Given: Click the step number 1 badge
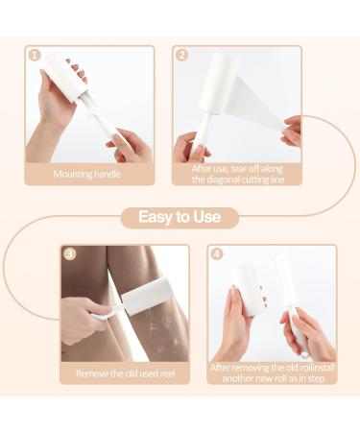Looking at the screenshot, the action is click(35, 56).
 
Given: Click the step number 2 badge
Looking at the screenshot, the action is click(181, 56).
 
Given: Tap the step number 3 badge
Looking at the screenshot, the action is click(70, 254).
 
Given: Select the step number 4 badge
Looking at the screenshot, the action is click(217, 254).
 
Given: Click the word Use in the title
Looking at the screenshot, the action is click(206, 217).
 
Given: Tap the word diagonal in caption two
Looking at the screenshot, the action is click(222, 180).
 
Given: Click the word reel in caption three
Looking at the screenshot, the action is click(168, 373).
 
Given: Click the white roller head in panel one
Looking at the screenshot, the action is click(65, 79).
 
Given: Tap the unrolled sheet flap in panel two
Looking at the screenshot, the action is click(257, 103).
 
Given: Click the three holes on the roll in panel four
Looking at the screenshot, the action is click(263, 293).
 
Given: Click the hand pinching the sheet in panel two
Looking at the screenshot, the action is click(292, 131).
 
